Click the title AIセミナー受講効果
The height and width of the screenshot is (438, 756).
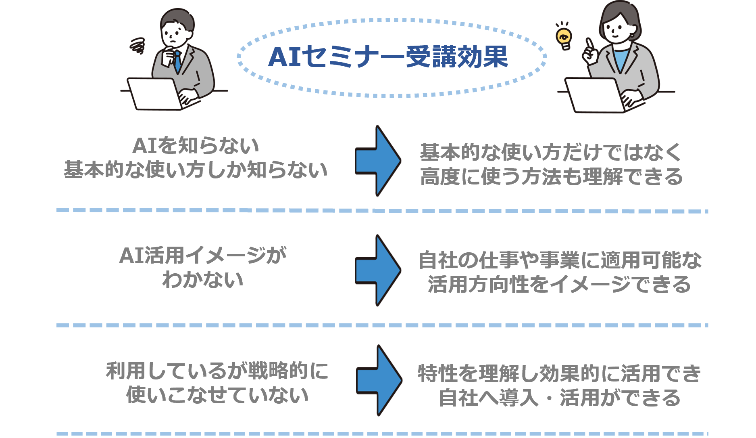[x=388, y=57]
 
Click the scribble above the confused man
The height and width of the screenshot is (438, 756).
[x=137, y=46]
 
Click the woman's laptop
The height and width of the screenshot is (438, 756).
[x=597, y=96]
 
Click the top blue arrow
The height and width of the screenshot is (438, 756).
[x=378, y=161]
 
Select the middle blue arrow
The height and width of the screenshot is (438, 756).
[x=378, y=270]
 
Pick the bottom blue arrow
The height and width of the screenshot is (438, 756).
[x=379, y=380]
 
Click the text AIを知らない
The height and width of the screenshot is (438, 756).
[x=196, y=146]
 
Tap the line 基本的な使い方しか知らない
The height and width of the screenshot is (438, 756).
[x=196, y=170]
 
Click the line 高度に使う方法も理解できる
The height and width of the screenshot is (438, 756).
[x=552, y=177]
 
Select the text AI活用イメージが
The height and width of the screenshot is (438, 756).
[x=203, y=255]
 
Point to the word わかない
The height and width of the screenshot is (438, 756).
[x=203, y=279]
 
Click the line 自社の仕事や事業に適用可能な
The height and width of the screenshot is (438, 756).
[x=560, y=260]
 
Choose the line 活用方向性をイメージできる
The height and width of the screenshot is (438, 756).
[x=559, y=284]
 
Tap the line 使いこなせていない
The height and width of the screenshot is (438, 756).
[x=217, y=395]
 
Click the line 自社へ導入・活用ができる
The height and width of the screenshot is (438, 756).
[x=560, y=398]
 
